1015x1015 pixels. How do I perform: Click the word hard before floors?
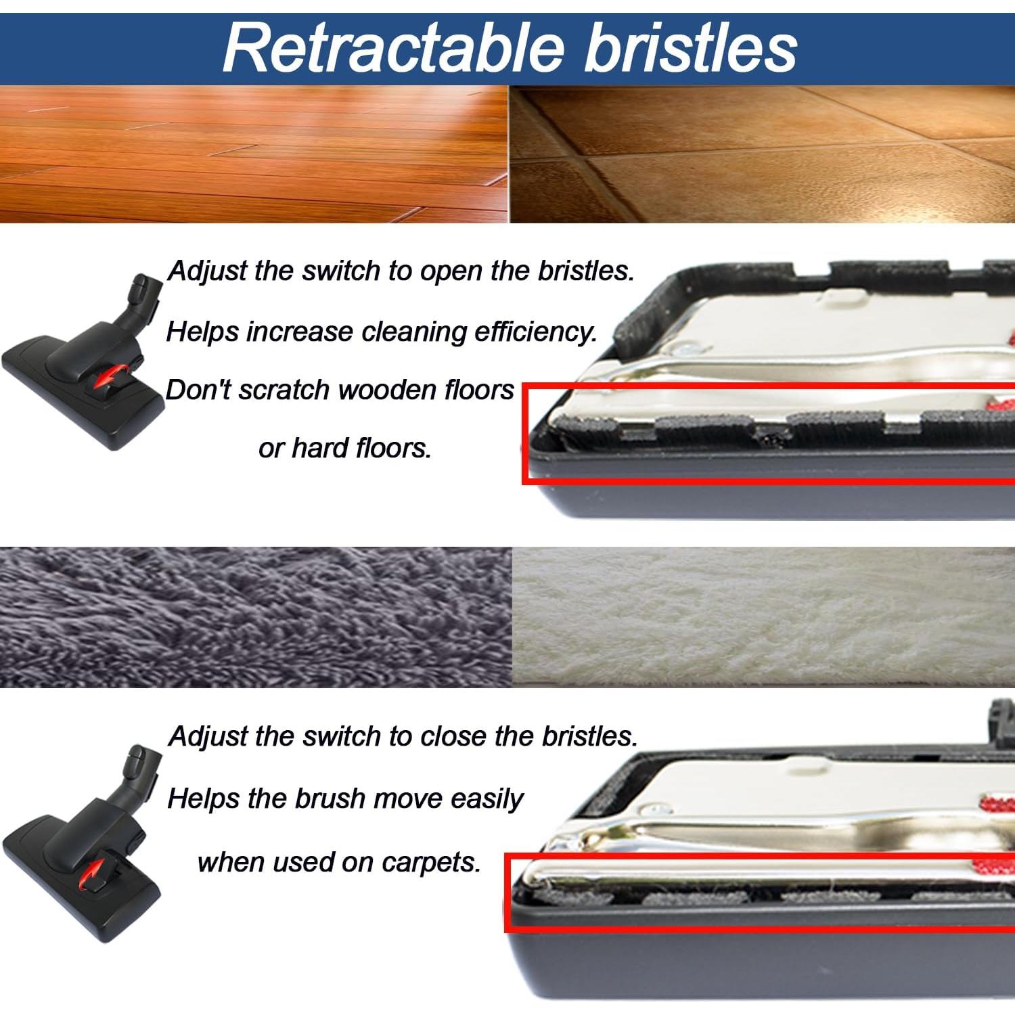click(321, 448)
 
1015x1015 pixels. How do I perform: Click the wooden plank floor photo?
click(254, 154)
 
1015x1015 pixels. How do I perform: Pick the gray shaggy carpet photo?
click(255, 617)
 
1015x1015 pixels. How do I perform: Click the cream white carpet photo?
click(763, 617)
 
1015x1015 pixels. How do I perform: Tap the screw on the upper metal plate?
click(687, 350)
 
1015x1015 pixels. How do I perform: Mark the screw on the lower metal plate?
click(653, 809)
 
